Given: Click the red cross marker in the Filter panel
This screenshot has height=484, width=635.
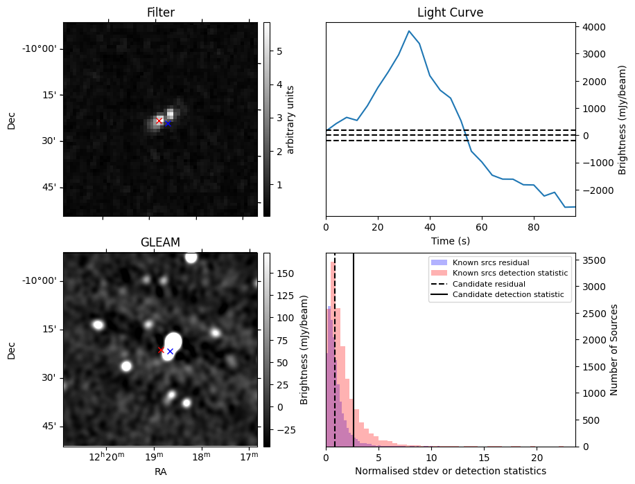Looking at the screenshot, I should pos(159,120).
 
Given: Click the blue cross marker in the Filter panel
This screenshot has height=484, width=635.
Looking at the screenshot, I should pos(168,123).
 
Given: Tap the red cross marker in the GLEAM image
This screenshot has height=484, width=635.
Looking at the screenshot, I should pos(162,350).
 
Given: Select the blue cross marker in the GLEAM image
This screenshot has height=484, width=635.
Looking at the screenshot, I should pos(170,352).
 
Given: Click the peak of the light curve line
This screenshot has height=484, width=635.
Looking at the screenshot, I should pos(409,31).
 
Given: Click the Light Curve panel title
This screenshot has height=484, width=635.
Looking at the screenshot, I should pos(450,13).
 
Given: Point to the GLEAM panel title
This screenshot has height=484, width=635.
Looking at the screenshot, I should pos(160,242).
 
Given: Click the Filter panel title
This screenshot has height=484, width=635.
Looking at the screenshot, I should pos(160,13).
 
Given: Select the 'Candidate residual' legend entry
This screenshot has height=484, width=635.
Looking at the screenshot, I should pos(485,285).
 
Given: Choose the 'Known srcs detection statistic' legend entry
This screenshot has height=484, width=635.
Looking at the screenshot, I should pos(510,274).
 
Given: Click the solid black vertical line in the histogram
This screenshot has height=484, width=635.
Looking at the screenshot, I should pos(354,346).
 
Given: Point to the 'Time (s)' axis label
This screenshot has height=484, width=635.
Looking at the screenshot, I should pos(450,240).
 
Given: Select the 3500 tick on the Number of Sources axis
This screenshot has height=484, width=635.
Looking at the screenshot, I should pos(595,260).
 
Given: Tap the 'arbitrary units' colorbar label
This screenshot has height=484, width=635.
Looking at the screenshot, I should pos(291,119).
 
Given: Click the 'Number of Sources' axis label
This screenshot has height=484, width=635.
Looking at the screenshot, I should pos(614,349).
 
